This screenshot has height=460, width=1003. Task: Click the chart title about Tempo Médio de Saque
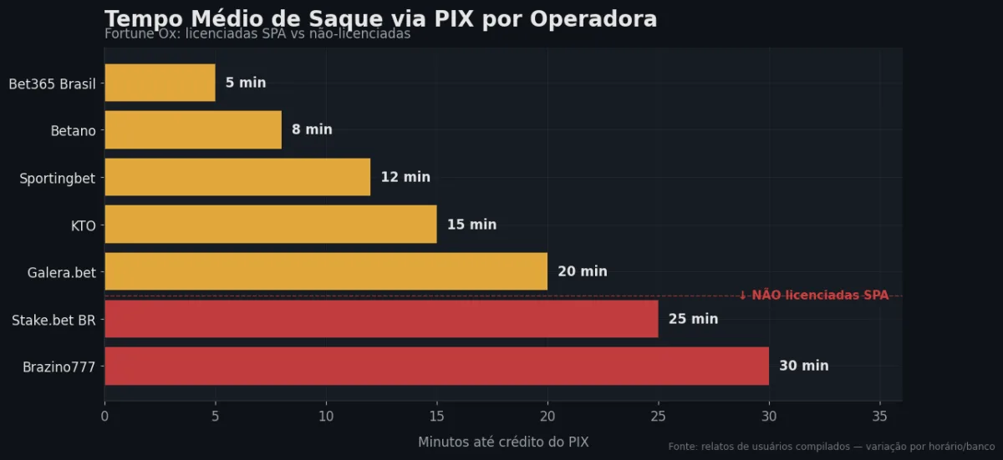[x=380, y=18]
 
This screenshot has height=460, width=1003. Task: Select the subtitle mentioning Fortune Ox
[x=257, y=34]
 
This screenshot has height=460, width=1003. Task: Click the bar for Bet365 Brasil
[x=160, y=83]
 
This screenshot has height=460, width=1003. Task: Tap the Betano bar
[x=193, y=129]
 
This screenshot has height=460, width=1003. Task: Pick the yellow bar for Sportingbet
[x=237, y=177]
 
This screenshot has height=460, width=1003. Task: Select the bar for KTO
[x=270, y=225]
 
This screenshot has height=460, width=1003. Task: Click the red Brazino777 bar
[x=436, y=366]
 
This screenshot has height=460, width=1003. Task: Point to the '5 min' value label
[x=246, y=83]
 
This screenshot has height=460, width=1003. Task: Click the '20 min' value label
[x=583, y=271]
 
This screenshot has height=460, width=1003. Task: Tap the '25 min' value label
[x=693, y=319]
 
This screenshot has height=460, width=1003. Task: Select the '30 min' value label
[x=804, y=366]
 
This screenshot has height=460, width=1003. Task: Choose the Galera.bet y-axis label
[x=61, y=272]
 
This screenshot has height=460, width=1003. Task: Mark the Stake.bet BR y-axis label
[x=53, y=319]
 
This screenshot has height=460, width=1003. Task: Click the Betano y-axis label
[x=73, y=130]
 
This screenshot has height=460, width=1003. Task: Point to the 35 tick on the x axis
[x=879, y=415]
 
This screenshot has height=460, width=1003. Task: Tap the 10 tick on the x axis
[x=326, y=415]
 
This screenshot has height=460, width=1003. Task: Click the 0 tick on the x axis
[x=104, y=415]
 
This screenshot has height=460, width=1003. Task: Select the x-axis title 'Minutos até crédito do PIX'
[x=503, y=442]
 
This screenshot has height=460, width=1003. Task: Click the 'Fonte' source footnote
[x=831, y=447]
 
